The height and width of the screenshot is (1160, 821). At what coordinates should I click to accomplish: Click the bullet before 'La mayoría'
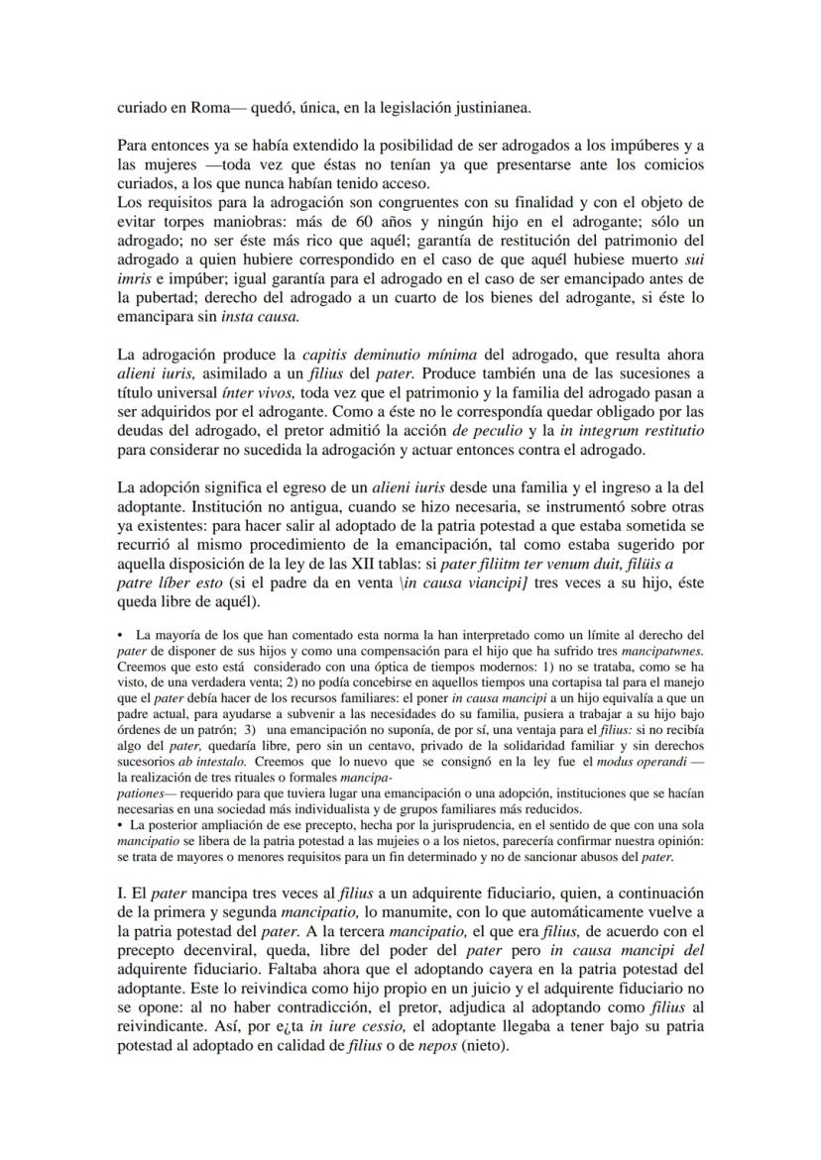(x=120, y=634)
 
